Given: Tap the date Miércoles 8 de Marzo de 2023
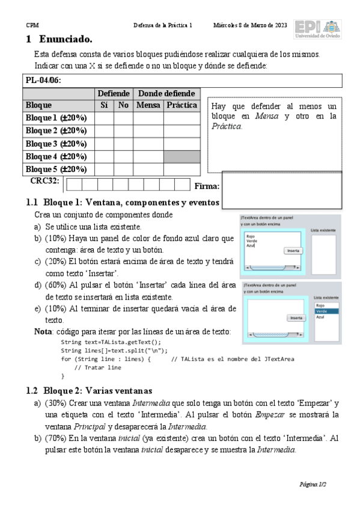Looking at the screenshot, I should tap(250, 26).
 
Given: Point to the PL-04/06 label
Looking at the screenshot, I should tap(43, 81).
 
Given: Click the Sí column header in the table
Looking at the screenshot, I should tap(104, 105).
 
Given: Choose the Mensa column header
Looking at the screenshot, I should tap(148, 105).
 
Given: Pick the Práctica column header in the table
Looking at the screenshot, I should tap(182, 105).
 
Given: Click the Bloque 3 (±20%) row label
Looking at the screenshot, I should tap(56, 144).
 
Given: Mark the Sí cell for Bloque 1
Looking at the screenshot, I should tap(104, 118).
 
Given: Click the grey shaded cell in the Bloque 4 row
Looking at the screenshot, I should tap(182, 156).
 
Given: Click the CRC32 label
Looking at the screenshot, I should tap(44, 180).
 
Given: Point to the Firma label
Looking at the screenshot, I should tap(207, 186).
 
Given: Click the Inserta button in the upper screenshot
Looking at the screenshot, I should tap(293, 250).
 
